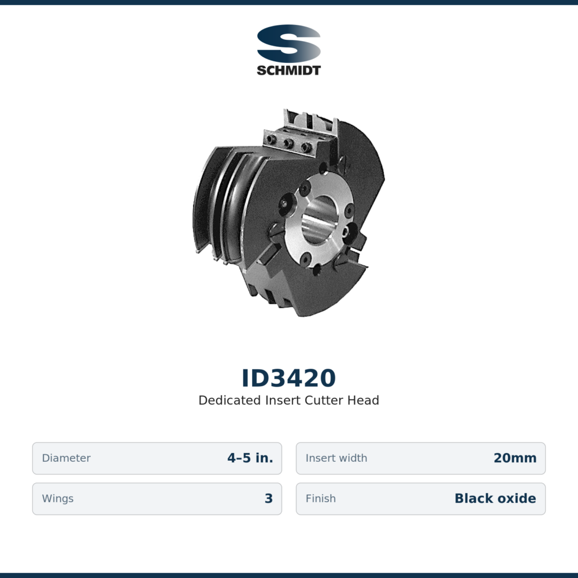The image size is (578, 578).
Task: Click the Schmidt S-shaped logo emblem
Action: coord(288,43)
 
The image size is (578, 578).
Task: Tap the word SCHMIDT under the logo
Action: coord(288,71)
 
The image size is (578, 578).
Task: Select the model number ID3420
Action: coord(288,378)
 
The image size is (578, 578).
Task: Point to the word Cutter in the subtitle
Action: coord(324,401)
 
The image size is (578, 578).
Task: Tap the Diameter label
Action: coord(66,458)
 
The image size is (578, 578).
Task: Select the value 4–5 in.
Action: coord(250,458)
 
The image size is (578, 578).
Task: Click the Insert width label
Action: coord(336,458)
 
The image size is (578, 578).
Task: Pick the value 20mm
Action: coord(515,458)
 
